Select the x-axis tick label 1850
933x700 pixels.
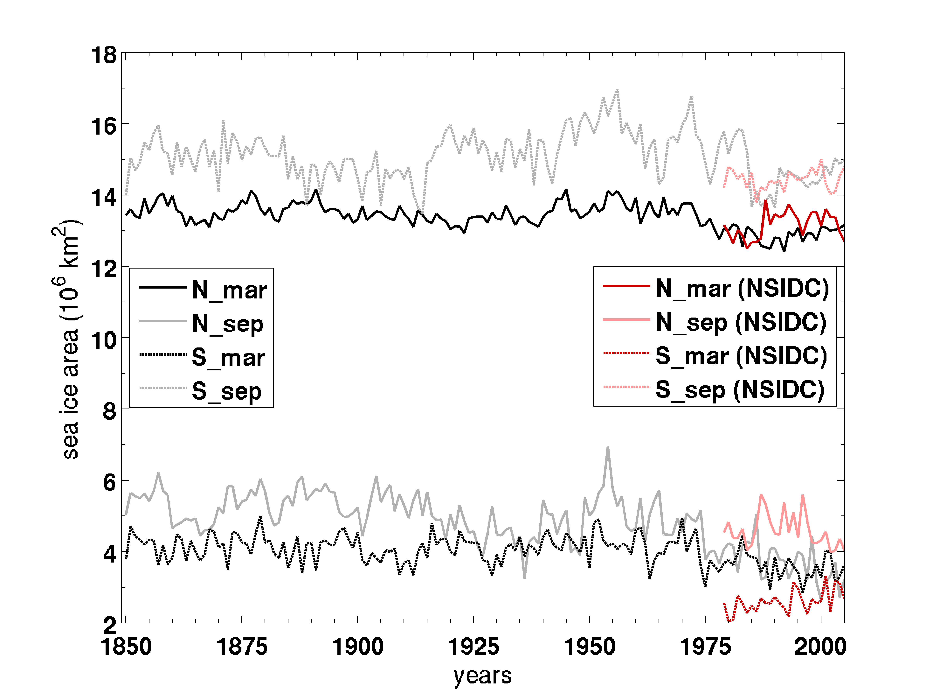[126, 647]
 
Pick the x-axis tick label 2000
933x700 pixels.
[820, 647]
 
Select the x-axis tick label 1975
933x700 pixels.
[705, 647]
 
